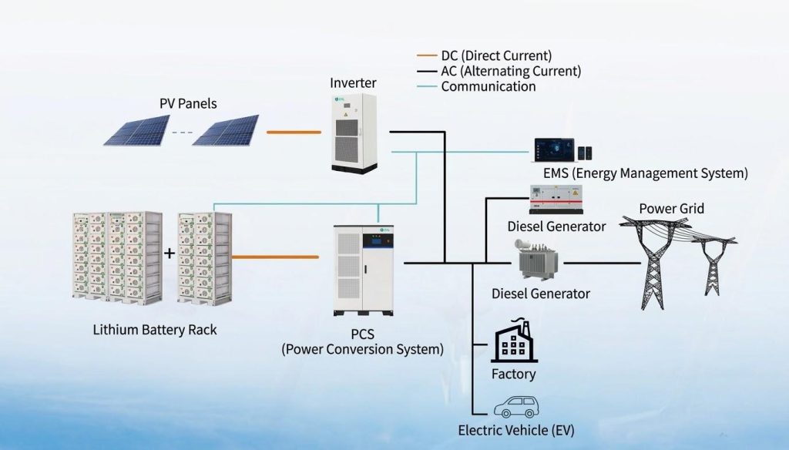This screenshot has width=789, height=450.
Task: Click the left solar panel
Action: point(137,130)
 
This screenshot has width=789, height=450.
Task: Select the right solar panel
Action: point(225,130)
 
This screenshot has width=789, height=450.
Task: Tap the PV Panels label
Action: point(188,103)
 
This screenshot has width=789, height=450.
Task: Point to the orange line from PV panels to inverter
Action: point(294,133)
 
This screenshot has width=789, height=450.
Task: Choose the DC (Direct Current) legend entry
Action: point(496,56)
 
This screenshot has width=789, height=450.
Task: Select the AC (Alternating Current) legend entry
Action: point(511,71)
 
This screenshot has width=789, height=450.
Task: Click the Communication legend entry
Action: point(488,86)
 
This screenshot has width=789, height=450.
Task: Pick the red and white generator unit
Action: point(556,200)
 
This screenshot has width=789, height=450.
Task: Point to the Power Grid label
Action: point(671,209)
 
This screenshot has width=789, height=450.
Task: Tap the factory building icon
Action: point(513,342)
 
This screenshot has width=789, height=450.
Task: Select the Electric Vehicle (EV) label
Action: point(515,430)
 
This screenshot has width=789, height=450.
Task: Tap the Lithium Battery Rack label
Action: point(155,330)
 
